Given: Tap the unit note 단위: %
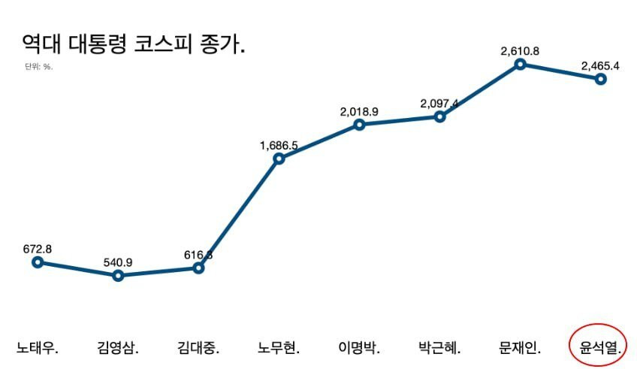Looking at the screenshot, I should pyautogui.click(x=38, y=67).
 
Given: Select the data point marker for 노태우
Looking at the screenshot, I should pyautogui.click(x=38, y=262).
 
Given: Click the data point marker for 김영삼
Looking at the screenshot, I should pyautogui.click(x=118, y=276).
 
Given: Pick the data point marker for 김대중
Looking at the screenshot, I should pyautogui.click(x=198, y=268).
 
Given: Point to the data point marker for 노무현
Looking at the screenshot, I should pyautogui.click(x=279, y=159).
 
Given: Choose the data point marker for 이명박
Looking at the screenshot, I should pyautogui.click(x=359, y=125).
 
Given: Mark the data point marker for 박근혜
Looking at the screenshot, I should pyautogui.click(x=440, y=116).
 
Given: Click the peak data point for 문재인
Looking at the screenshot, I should pyautogui.click(x=520, y=65).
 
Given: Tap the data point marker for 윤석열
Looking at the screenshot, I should pyautogui.click(x=601, y=79).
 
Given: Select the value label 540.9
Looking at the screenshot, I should pyautogui.click(x=118, y=262).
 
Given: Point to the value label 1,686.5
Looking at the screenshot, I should pyautogui.click(x=279, y=145).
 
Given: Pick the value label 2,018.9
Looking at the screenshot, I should pyautogui.click(x=359, y=111).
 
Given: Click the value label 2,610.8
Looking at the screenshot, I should pyautogui.click(x=520, y=51).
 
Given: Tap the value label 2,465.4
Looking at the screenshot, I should pyautogui.click(x=600, y=65).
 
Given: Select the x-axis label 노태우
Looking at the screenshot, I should pyautogui.click(x=38, y=348).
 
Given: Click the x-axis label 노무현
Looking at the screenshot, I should pyautogui.click(x=279, y=348).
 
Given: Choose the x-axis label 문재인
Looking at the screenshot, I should pyautogui.click(x=520, y=348).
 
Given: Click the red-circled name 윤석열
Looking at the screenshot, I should pyautogui.click(x=598, y=347).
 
